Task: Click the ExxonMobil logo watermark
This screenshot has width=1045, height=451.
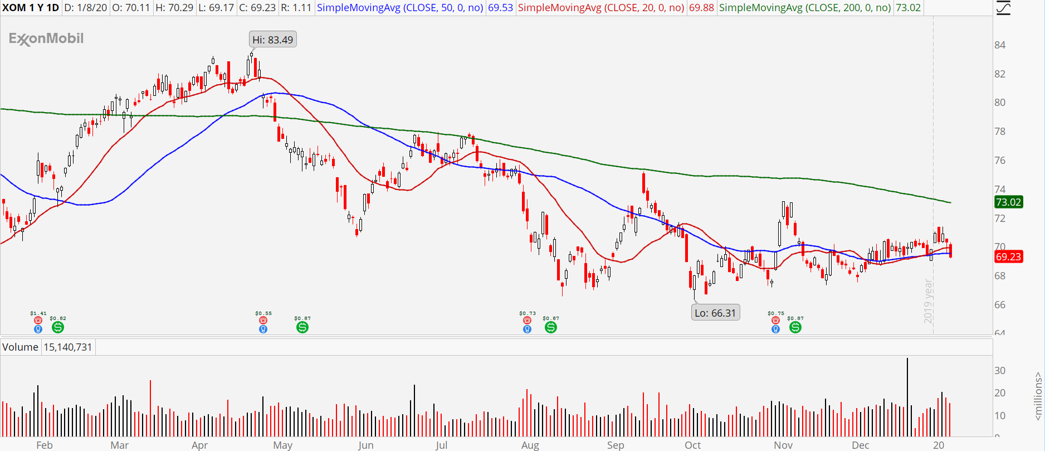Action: click(46, 38)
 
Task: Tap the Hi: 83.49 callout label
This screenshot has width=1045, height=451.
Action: click(272, 40)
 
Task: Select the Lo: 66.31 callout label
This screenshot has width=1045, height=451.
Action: click(715, 313)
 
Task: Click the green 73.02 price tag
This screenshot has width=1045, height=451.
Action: click(1008, 202)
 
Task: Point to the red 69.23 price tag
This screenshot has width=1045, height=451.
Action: click(1008, 256)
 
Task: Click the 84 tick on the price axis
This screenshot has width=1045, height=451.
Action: click(1000, 45)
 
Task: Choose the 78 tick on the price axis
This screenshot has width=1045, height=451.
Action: click(1000, 132)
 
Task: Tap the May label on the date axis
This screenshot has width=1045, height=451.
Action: click(282, 445)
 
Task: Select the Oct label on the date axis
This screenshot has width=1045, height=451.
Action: click(692, 445)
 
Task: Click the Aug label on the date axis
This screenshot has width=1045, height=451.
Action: click(530, 445)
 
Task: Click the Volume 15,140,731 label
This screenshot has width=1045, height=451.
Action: click(47, 347)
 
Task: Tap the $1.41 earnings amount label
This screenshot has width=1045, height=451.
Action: click(38, 313)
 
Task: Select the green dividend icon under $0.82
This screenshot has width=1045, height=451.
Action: click(57, 327)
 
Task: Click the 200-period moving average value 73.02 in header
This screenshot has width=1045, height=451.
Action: click(908, 8)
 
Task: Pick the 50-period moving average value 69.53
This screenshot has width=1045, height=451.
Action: click(500, 8)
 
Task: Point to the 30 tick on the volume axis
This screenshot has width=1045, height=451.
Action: click(1000, 371)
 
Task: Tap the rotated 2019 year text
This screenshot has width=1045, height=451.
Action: click(928, 301)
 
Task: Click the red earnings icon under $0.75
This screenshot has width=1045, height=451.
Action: click(775, 321)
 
